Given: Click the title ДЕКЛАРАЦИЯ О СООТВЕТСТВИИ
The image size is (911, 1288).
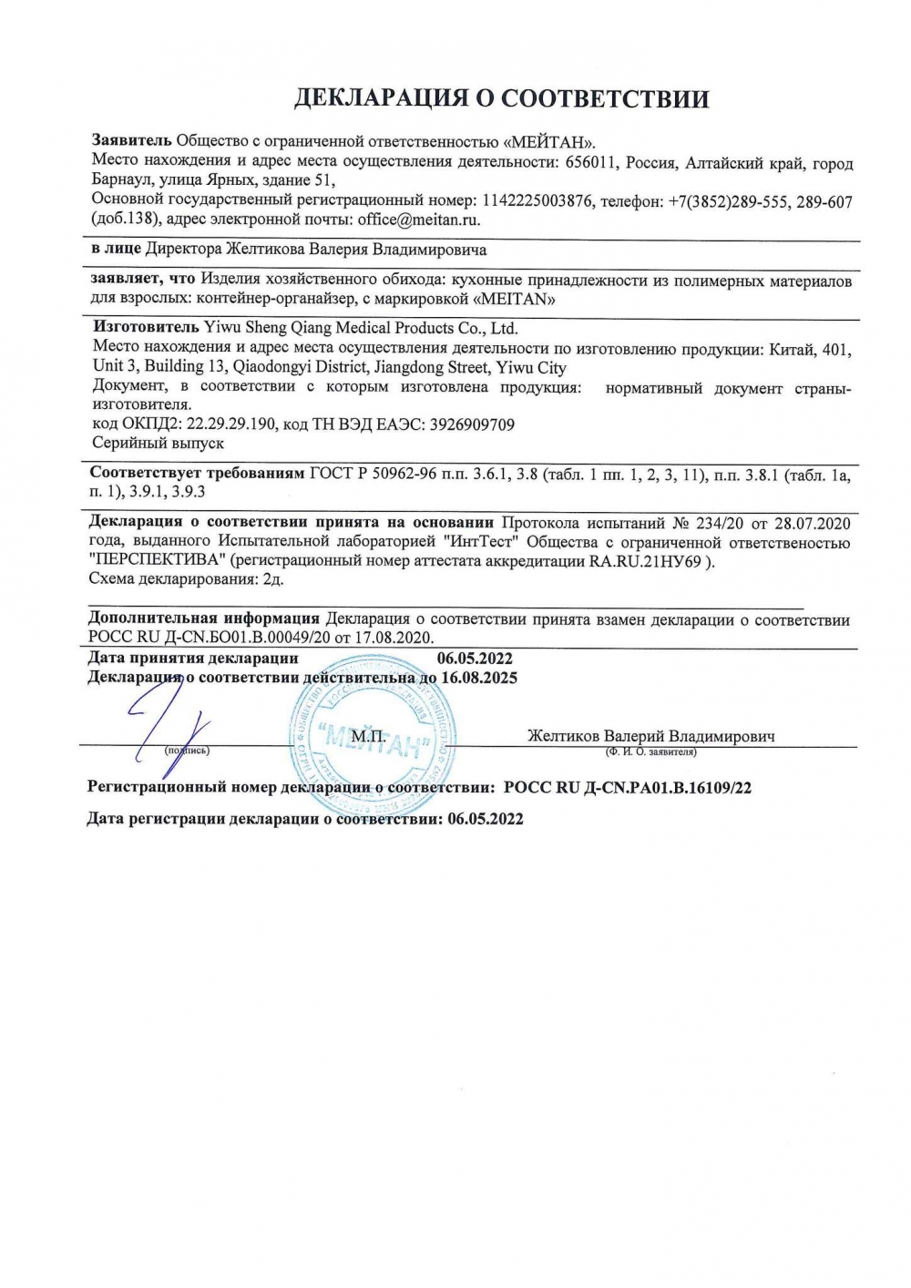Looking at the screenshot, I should tap(500, 98).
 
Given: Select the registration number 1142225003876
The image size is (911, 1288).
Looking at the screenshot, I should tap(535, 200).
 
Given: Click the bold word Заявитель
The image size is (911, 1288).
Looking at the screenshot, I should tap(131, 141).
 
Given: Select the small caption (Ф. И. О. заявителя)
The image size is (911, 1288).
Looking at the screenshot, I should tap(650, 752).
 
